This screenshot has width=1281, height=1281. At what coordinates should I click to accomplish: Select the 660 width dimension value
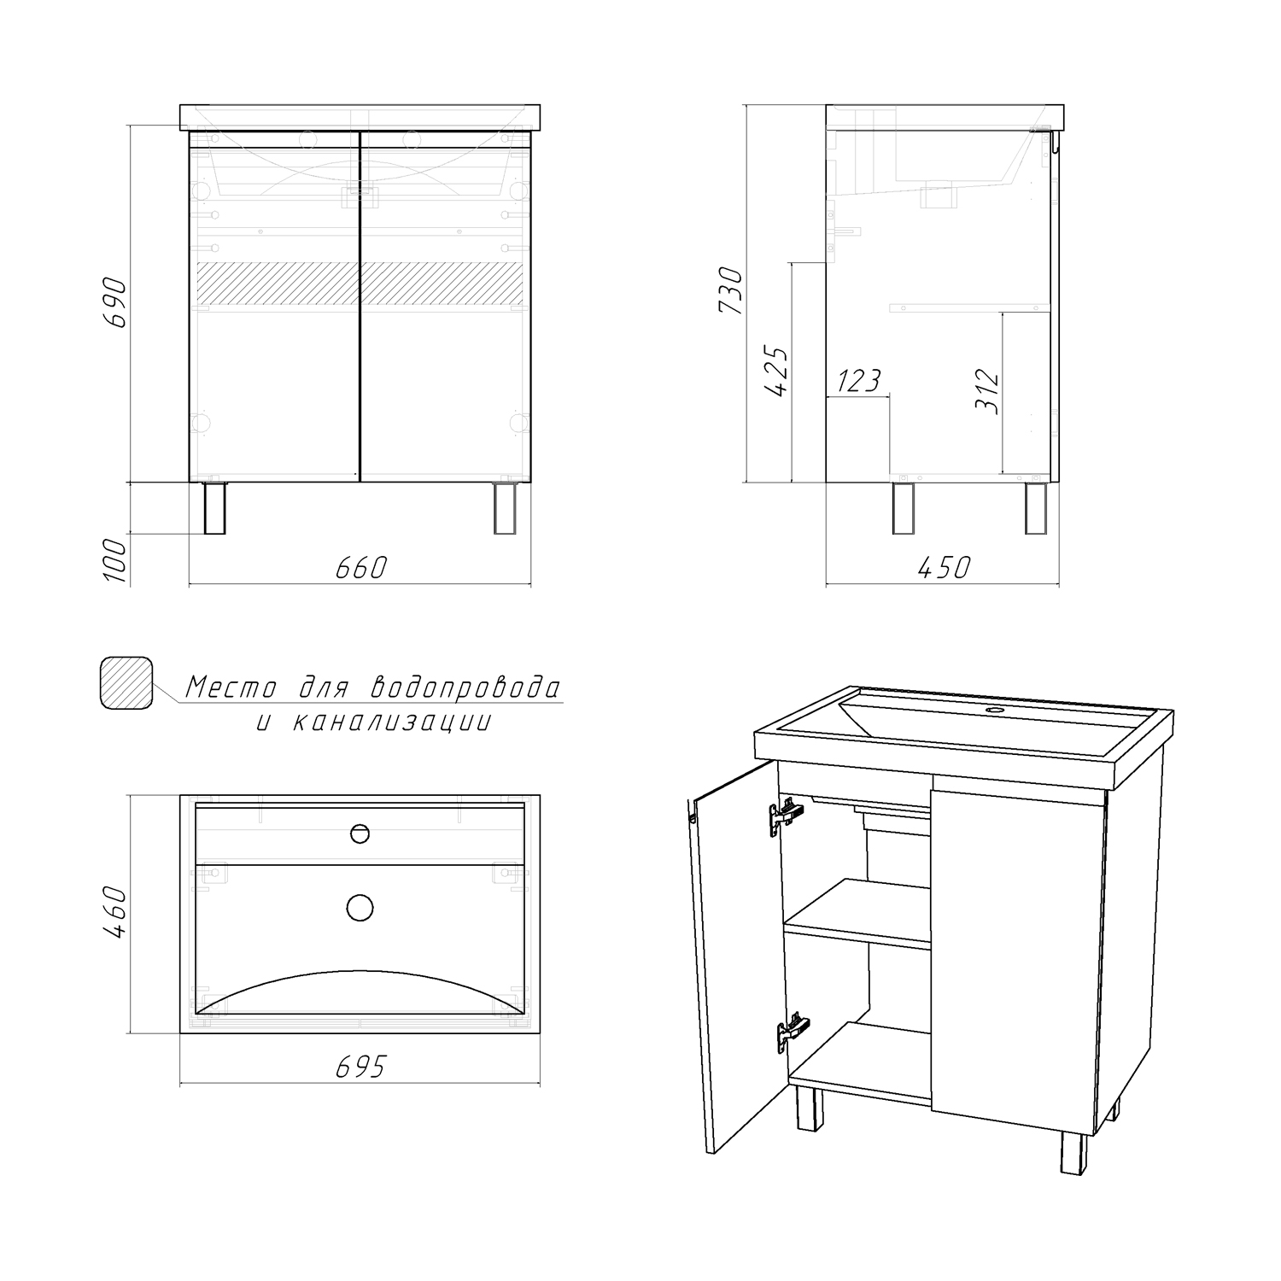[x=361, y=567]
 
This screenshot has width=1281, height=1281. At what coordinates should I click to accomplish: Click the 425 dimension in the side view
[x=777, y=371]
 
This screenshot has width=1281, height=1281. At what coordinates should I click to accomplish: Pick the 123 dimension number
[x=858, y=381]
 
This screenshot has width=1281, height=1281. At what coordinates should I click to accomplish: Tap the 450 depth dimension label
[x=943, y=567]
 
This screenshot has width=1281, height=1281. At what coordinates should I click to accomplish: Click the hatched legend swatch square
[x=126, y=682]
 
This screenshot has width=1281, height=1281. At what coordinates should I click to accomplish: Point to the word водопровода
[x=466, y=687]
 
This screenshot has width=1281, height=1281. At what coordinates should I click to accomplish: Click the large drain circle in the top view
[x=360, y=908]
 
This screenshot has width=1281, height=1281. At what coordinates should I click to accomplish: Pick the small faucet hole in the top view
[x=360, y=834]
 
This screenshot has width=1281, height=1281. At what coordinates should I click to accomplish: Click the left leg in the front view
[x=215, y=509]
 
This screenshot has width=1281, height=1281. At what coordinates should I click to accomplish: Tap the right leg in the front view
[x=506, y=509]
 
